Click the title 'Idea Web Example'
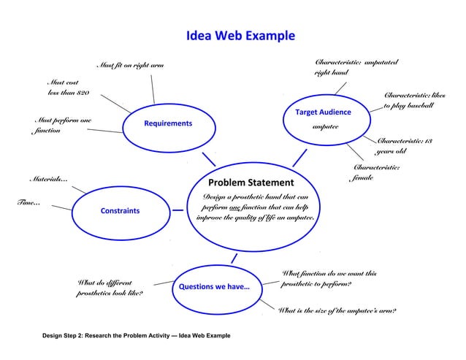240,36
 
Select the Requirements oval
167,124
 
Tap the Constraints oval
120,211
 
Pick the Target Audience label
323,112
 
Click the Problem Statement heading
251,183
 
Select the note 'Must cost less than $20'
68,88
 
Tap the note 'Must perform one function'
62,125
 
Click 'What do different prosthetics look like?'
110,287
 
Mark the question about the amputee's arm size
337,311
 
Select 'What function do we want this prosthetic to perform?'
329,278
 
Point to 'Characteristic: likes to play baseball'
413,101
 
